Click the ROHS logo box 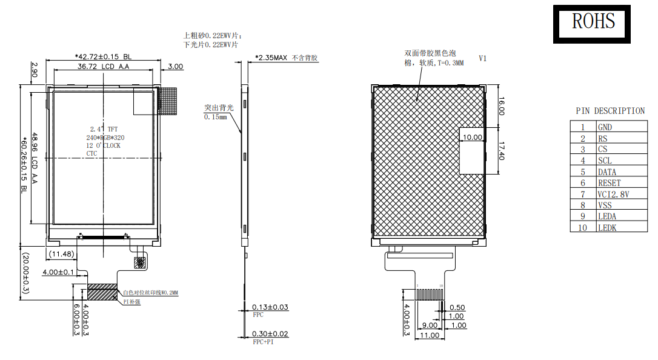[592, 24]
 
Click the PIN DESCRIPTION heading [610, 111]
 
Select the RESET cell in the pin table [609, 183]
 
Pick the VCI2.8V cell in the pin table [613, 194]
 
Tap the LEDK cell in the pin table [608, 228]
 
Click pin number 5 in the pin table [583, 172]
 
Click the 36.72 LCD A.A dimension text [103, 66]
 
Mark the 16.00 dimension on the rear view [501, 107]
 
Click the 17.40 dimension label [501, 148]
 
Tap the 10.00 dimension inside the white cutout [472, 138]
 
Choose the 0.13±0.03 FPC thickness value [271, 307]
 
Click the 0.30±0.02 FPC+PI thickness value [271, 334]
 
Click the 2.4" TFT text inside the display [104, 129]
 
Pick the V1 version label [483, 59]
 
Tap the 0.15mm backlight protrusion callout [215, 116]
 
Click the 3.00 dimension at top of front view [175, 66]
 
